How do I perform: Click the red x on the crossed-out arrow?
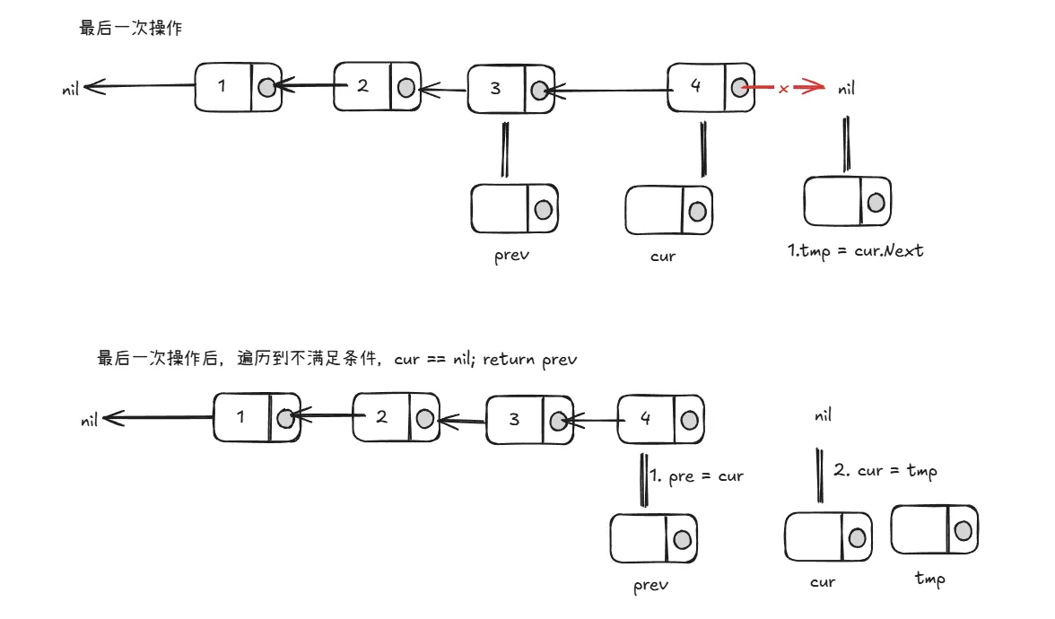tap(783, 89)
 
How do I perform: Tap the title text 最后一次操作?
tap(131, 28)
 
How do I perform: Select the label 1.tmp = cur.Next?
tap(855, 250)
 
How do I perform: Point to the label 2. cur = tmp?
tap(885, 470)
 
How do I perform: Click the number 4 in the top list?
tap(696, 85)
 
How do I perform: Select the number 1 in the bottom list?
tap(240, 416)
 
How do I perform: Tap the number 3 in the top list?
tap(496, 88)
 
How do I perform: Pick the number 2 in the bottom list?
tap(381, 417)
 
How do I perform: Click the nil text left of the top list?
tap(71, 90)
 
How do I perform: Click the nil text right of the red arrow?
tap(846, 89)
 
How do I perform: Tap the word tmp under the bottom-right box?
tap(929, 579)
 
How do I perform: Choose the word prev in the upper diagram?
tap(511, 255)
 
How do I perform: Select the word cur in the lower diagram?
tap(822, 582)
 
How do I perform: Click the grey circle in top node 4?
tap(738, 87)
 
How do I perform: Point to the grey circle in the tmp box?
tap(963, 530)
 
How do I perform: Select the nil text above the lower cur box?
tap(823, 415)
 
